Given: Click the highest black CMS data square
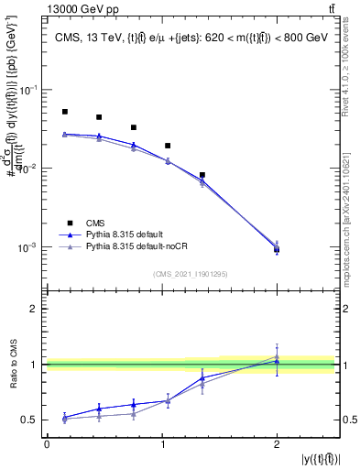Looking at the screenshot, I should point(65,112).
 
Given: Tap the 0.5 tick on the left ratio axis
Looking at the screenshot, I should point(30,420).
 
